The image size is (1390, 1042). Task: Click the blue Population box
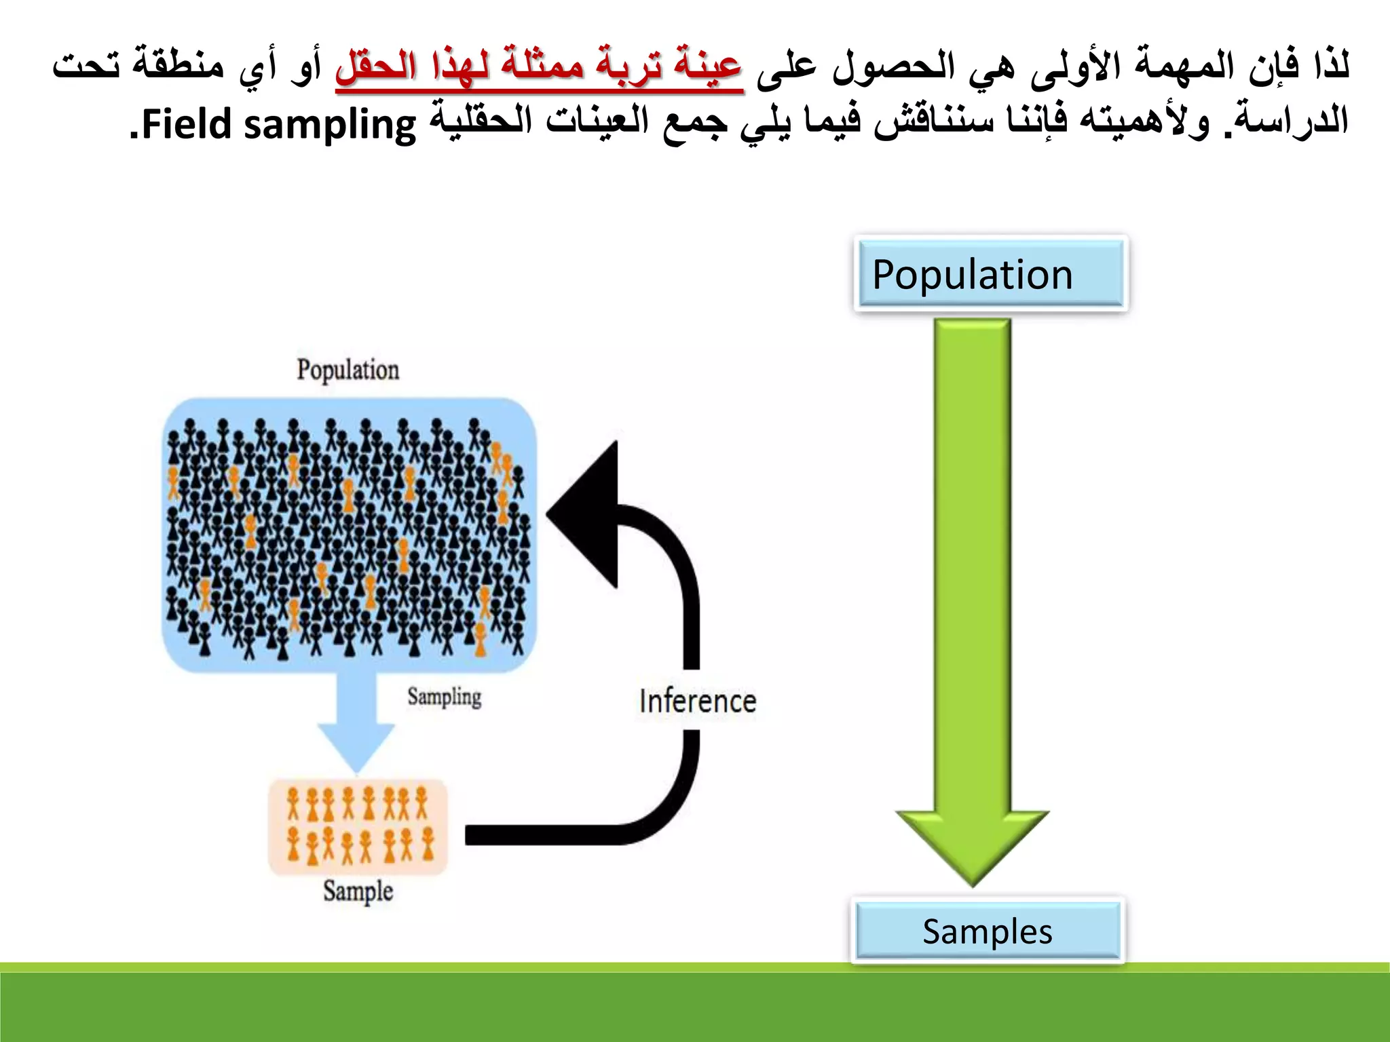point(990,274)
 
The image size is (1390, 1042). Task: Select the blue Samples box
point(988,931)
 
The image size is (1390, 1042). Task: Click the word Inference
point(697,701)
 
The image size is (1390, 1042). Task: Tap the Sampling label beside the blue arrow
point(444,697)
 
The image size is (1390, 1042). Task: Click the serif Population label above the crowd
point(347,370)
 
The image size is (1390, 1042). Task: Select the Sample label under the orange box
point(358,891)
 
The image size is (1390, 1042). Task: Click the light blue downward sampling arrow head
point(357,746)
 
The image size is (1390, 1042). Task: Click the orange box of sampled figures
point(358,826)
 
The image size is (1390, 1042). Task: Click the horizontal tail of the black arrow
point(543,835)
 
